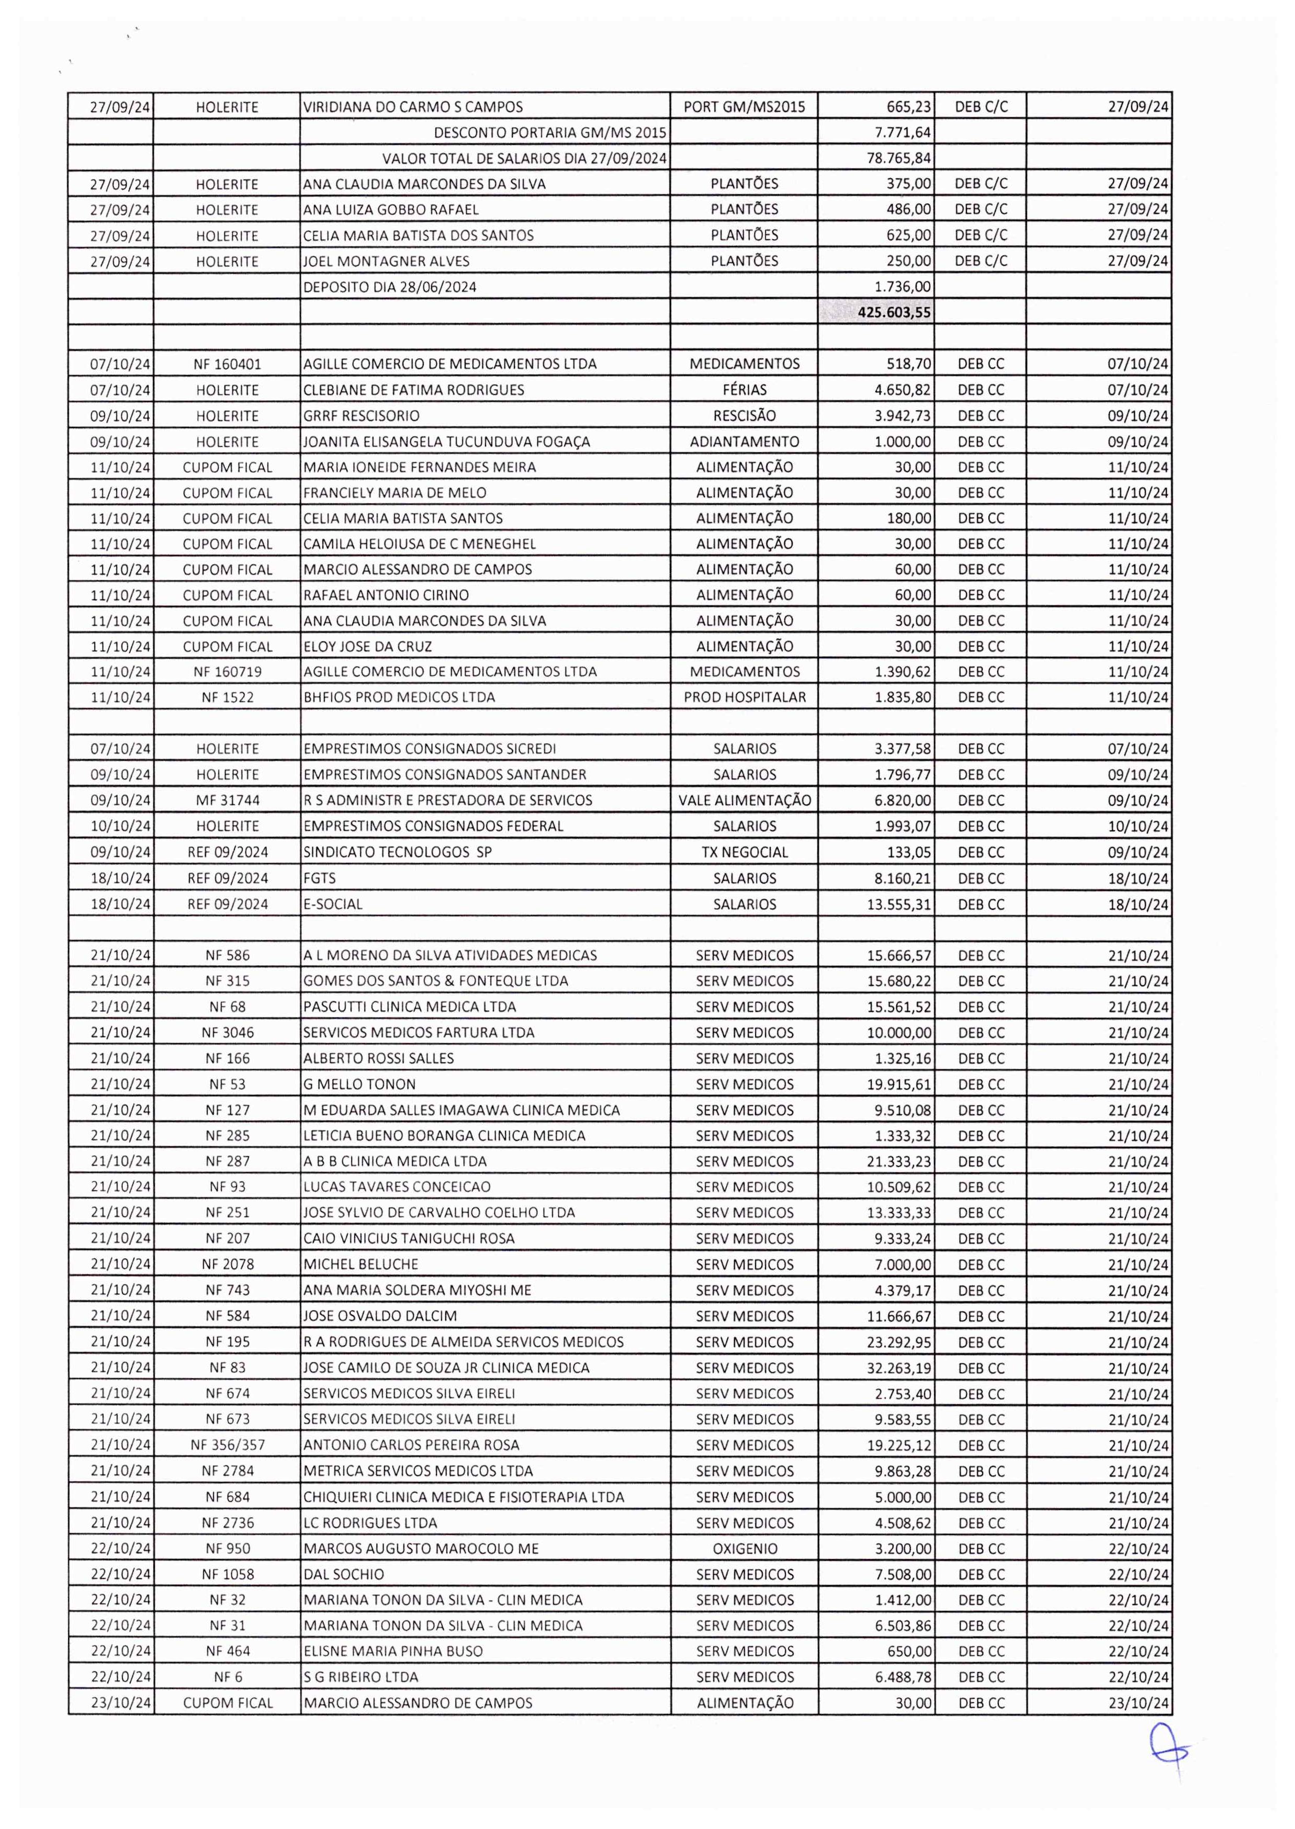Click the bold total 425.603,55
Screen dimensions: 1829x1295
pos(893,312)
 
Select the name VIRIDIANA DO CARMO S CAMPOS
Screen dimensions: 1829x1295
pos(413,107)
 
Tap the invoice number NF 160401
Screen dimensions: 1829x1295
pos(227,364)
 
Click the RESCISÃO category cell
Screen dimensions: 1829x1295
pos(744,415)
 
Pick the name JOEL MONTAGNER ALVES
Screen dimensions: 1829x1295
pos(387,262)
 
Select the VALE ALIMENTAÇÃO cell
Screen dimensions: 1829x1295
pos(744,800)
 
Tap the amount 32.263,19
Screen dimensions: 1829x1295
pos(899,1368)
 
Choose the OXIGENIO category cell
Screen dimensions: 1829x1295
pos(744,1549)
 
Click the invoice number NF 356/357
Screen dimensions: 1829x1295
pos(227,1446)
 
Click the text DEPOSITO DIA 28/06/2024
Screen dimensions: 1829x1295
pos(390,287)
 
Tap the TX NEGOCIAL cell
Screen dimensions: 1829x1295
pos(744,852)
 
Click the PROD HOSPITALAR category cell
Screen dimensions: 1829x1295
pos(744,697)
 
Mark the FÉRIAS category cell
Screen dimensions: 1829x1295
pos(744,390)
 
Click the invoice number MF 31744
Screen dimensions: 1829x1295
pos(227,800)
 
